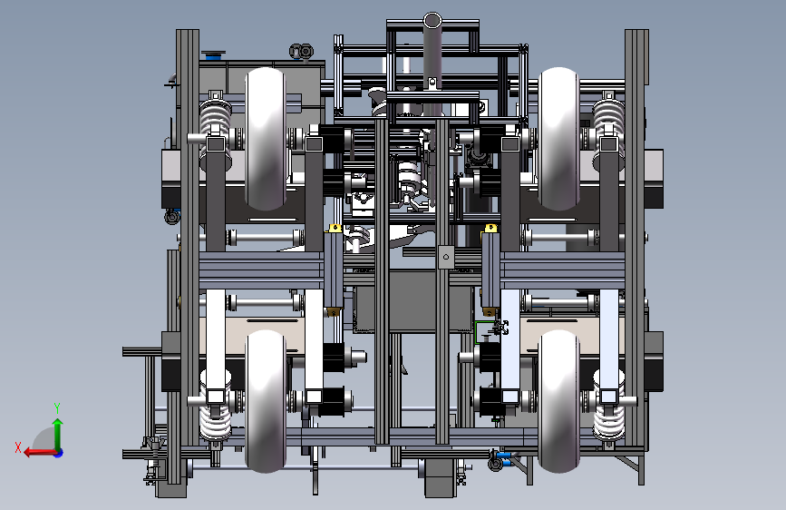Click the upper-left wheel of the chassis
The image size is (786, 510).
point(266,139)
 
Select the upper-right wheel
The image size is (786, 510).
point(559,139)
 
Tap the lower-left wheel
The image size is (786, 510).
point(266,401)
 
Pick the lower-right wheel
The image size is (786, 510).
point(559,401)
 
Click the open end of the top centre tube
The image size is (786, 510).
point(432,21)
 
